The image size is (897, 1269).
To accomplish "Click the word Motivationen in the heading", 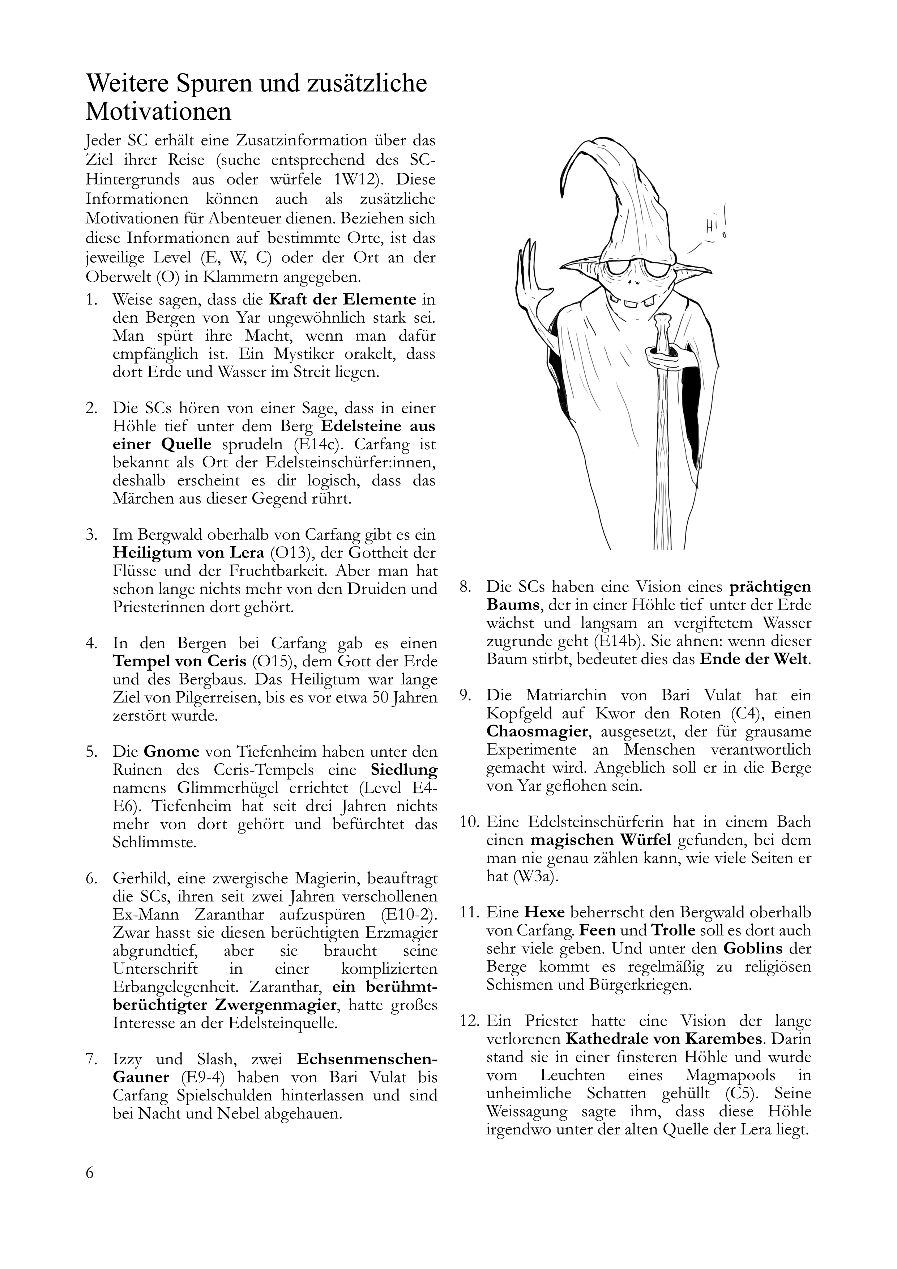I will coord(158,112).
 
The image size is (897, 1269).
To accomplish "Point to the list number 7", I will coord(91,1060).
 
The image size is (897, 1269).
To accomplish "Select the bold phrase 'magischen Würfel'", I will coord(601,840).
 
